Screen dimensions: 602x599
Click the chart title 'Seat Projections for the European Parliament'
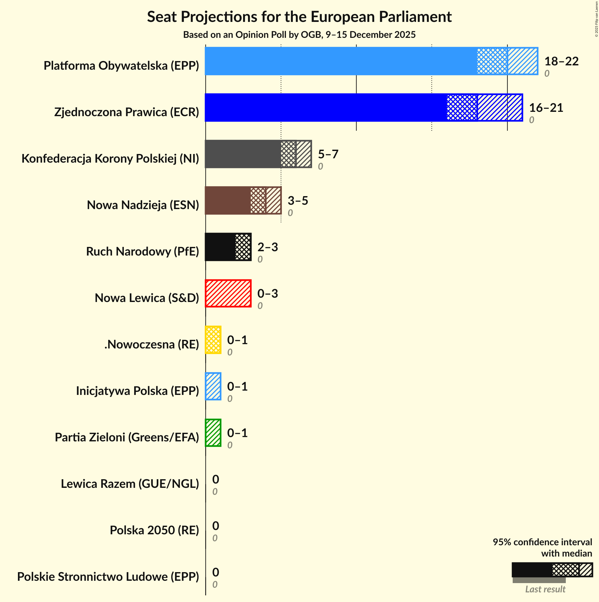(x=299, y=17)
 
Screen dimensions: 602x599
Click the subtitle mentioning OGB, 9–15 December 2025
(x=299, y=35)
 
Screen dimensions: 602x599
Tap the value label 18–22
(x=561, y=61)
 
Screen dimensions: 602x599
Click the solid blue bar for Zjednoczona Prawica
(x=326, y=108)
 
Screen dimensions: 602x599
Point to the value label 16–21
(x=546, y=108)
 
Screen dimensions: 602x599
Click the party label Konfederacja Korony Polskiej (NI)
(x=110, y=159)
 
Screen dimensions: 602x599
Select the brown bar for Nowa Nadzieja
(x=228, y=200)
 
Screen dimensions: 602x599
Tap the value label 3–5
(x=298, y=200)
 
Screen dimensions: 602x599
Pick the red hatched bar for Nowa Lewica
(x=228, y=293)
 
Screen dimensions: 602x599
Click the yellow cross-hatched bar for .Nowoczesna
(x=213, y=340)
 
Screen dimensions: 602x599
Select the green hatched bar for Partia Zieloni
(x=213, y=433)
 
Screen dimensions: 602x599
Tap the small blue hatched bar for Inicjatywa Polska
(x=213, y=386)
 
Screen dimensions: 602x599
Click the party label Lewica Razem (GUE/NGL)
(x=130, y=484)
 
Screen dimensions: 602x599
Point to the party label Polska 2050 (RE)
(x=154, y=530)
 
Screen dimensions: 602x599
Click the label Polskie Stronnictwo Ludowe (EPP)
(x=108, y=577)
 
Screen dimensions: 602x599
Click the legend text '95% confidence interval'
(x=542, y=542)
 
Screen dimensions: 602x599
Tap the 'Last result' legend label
(x=545, y=589)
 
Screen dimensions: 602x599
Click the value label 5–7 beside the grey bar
(x=328, y=154)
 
